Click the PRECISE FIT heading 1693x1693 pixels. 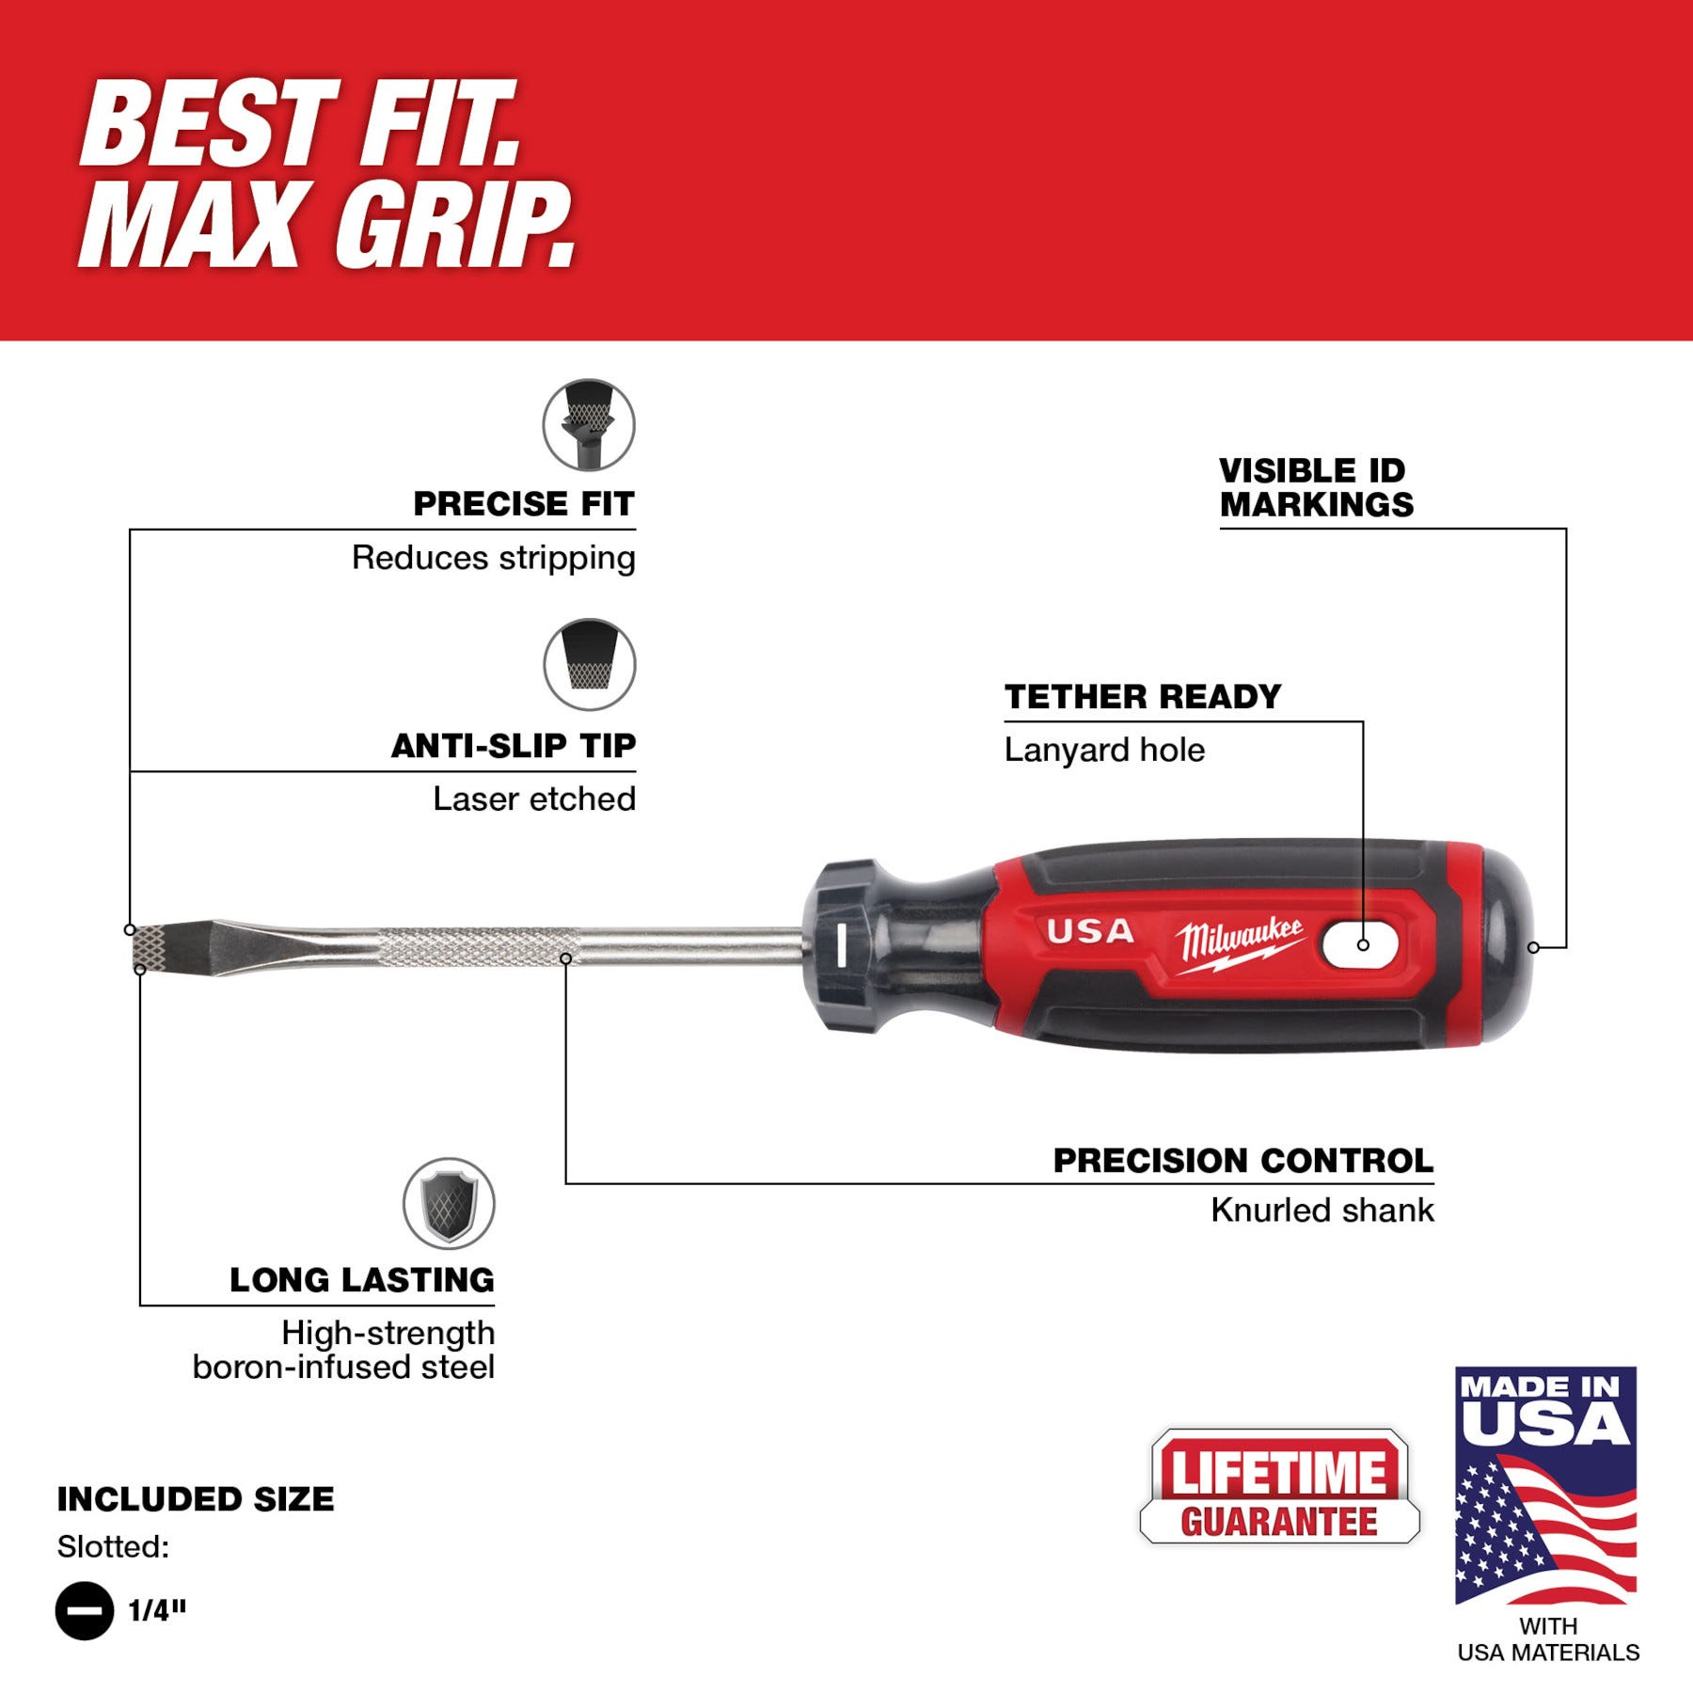[524, 504]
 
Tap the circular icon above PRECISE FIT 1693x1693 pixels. [589, 425]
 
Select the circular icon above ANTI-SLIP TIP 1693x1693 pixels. [589, 664]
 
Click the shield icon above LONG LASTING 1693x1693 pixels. [449, 1204]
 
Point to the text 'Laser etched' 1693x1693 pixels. [533, 799]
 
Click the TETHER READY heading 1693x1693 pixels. [1142, 697]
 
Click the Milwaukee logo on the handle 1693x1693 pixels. [1240, 942]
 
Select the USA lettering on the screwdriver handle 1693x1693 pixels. [1090, 932]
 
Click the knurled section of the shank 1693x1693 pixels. [480, 946]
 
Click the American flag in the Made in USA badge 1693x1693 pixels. [1545, 1527]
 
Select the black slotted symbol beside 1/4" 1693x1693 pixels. [85, 1610]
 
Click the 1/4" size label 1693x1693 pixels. [157, 1610]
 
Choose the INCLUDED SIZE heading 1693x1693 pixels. [196, 1499]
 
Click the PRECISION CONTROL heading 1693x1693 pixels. [1242, 1161]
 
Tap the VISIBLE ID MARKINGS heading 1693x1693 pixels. [1315, 487]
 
